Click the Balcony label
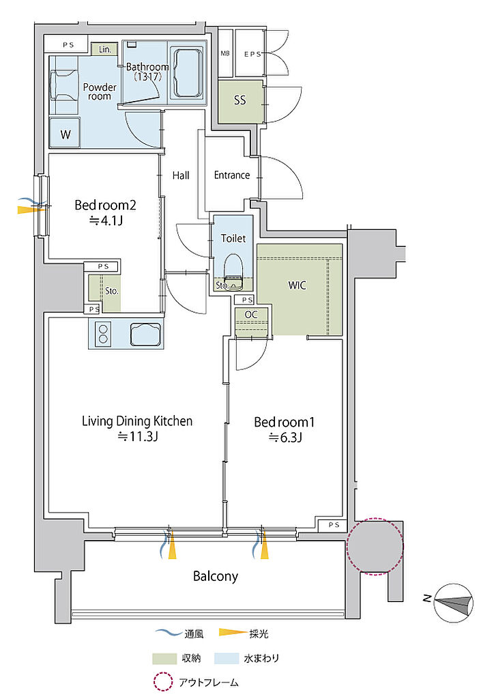(x=215, y=576)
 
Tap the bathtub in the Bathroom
(x=188, y=73)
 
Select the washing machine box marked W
(x=65, y=133)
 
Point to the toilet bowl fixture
(x=233, y=268)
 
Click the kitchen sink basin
(x=145, y=334)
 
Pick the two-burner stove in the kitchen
(x=104, y=334)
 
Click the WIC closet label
(x=297, y=285)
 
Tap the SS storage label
(x=239, y=100)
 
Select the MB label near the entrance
(x=225, y=53)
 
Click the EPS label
(x=252, y=54)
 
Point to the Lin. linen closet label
(x=105, y=49)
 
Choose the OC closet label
(x=251, y=315)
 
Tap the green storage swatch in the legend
(x=164, y=659)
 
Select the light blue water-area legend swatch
(x=227, y=659)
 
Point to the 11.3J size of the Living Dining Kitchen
(x=138, y=436)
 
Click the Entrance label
(x=232, y=175)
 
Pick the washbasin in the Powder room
(x=65, y=85)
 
